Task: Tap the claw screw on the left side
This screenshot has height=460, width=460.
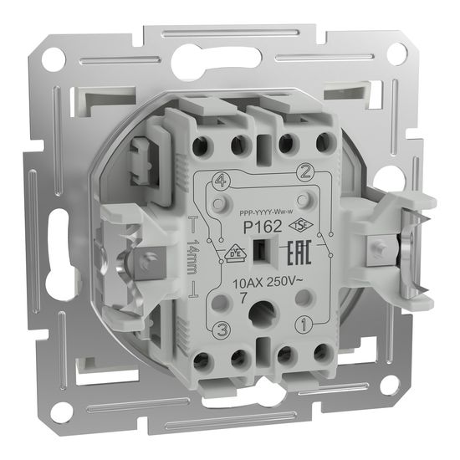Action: [146, 262]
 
